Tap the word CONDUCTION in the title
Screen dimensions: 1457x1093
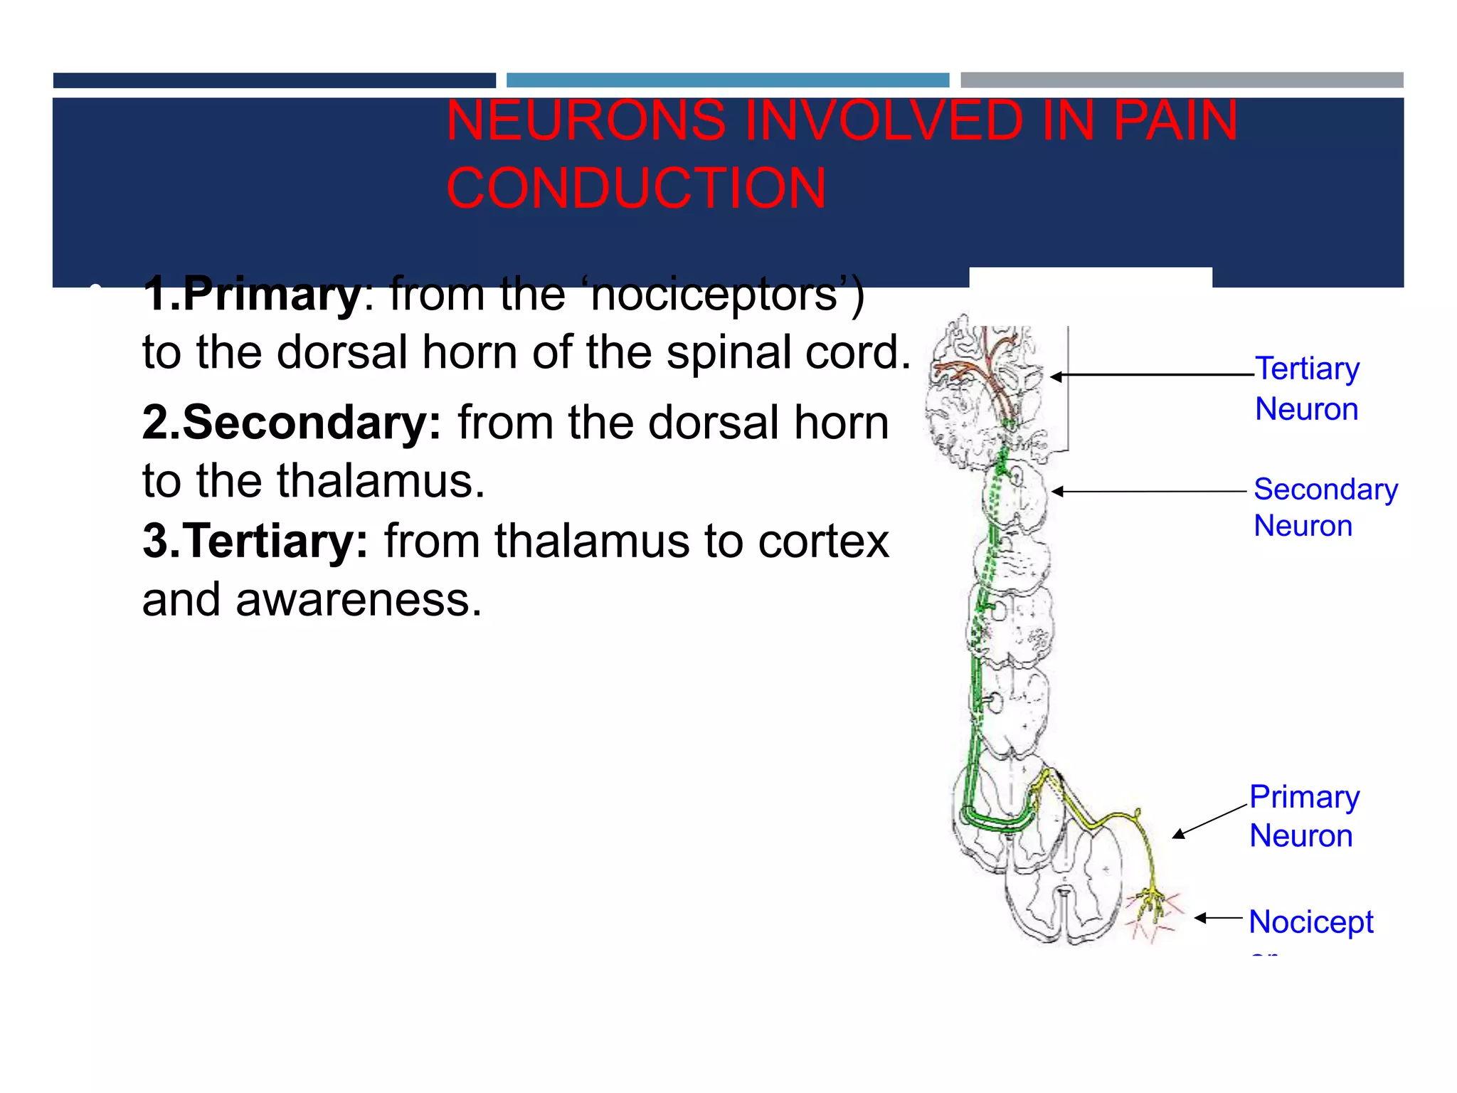(x=636, y=189)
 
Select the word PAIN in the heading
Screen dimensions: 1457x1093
(x=1175, y=121)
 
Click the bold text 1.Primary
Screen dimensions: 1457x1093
(x=252, y=294)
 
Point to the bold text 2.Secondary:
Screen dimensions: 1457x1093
(x=292, y=423)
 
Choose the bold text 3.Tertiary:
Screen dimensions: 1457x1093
(x=255, y=542)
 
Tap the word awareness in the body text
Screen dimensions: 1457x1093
(x=359, y=600)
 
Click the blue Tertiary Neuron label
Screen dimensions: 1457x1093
(x=1307, y=389)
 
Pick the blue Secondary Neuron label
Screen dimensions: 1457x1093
(x=1325, y=507)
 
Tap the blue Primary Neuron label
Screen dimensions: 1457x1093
(x=1304, y=816)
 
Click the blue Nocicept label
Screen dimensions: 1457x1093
(x=1310, y=922)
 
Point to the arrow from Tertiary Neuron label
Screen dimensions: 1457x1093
(x=1153, y=375)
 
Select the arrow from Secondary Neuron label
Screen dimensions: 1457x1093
(x=1149, y=491)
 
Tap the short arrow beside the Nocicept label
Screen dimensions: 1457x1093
(x=1218, y=918)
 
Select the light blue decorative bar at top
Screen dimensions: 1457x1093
(x=727, y=80)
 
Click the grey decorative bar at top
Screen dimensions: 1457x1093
(x=1182, y=80)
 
